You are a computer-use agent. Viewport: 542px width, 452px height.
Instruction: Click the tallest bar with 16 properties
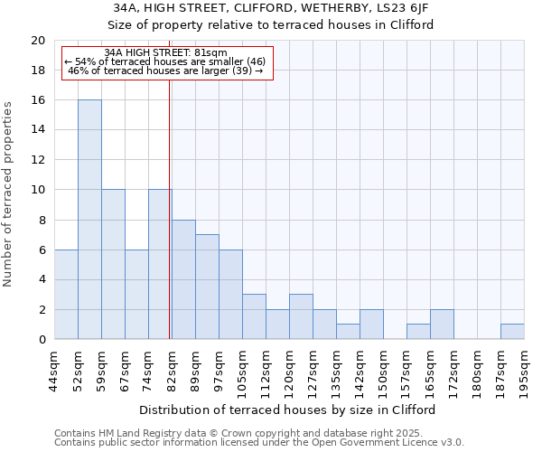(x=89, y=220)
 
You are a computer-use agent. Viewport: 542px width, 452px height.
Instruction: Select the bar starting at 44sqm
(x=66, y=295)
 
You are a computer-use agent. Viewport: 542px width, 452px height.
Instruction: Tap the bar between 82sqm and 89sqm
(x=183, y=279)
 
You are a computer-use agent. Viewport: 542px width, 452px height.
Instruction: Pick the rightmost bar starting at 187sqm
(x=512, y=332)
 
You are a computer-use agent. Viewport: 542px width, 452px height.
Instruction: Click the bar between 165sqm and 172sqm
(x=442, y=325)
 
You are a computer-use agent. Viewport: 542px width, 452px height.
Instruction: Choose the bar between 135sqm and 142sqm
(x=348, y=332)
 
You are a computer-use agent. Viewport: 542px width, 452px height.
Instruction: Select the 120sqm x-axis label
(x=290, y=371)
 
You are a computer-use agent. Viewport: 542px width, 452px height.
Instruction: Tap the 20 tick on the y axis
(x=37, y=41)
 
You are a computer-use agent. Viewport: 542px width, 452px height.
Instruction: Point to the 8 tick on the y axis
(x=41, y=220)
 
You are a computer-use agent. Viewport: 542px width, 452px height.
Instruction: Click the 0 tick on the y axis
(x=41, y=340)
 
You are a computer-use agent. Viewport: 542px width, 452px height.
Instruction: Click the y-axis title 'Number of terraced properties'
(x=9, y=194)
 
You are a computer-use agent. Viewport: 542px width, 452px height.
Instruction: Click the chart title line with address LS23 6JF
(x=271, y=8)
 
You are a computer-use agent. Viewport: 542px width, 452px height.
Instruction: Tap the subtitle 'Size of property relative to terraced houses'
(x=271, y=24)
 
